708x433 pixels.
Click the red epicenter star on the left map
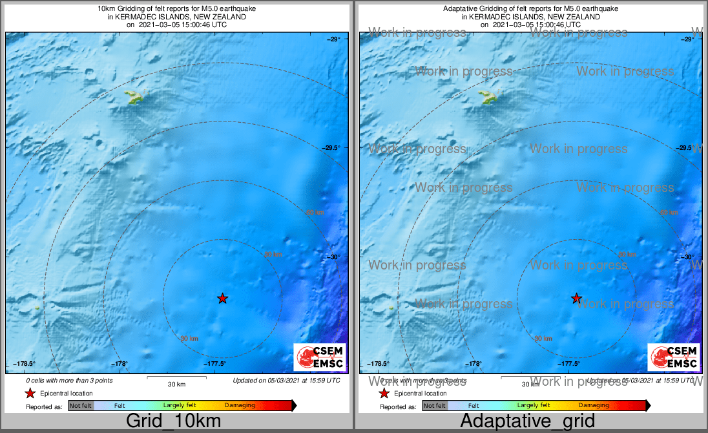coord(222,298)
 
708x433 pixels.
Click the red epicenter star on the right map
coord(576,298)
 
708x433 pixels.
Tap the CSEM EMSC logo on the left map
coord(320,357)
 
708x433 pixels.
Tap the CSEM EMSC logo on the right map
coord(674,357)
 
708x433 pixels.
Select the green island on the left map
coord(136,98)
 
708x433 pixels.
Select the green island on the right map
coord(490,98)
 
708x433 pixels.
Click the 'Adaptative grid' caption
coord(529,421)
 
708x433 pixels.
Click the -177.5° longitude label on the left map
coord(216,364)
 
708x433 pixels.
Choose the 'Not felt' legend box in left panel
coord(81,406)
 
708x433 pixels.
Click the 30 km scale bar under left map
coord(176,377)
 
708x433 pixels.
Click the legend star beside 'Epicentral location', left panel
coord(30,393)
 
